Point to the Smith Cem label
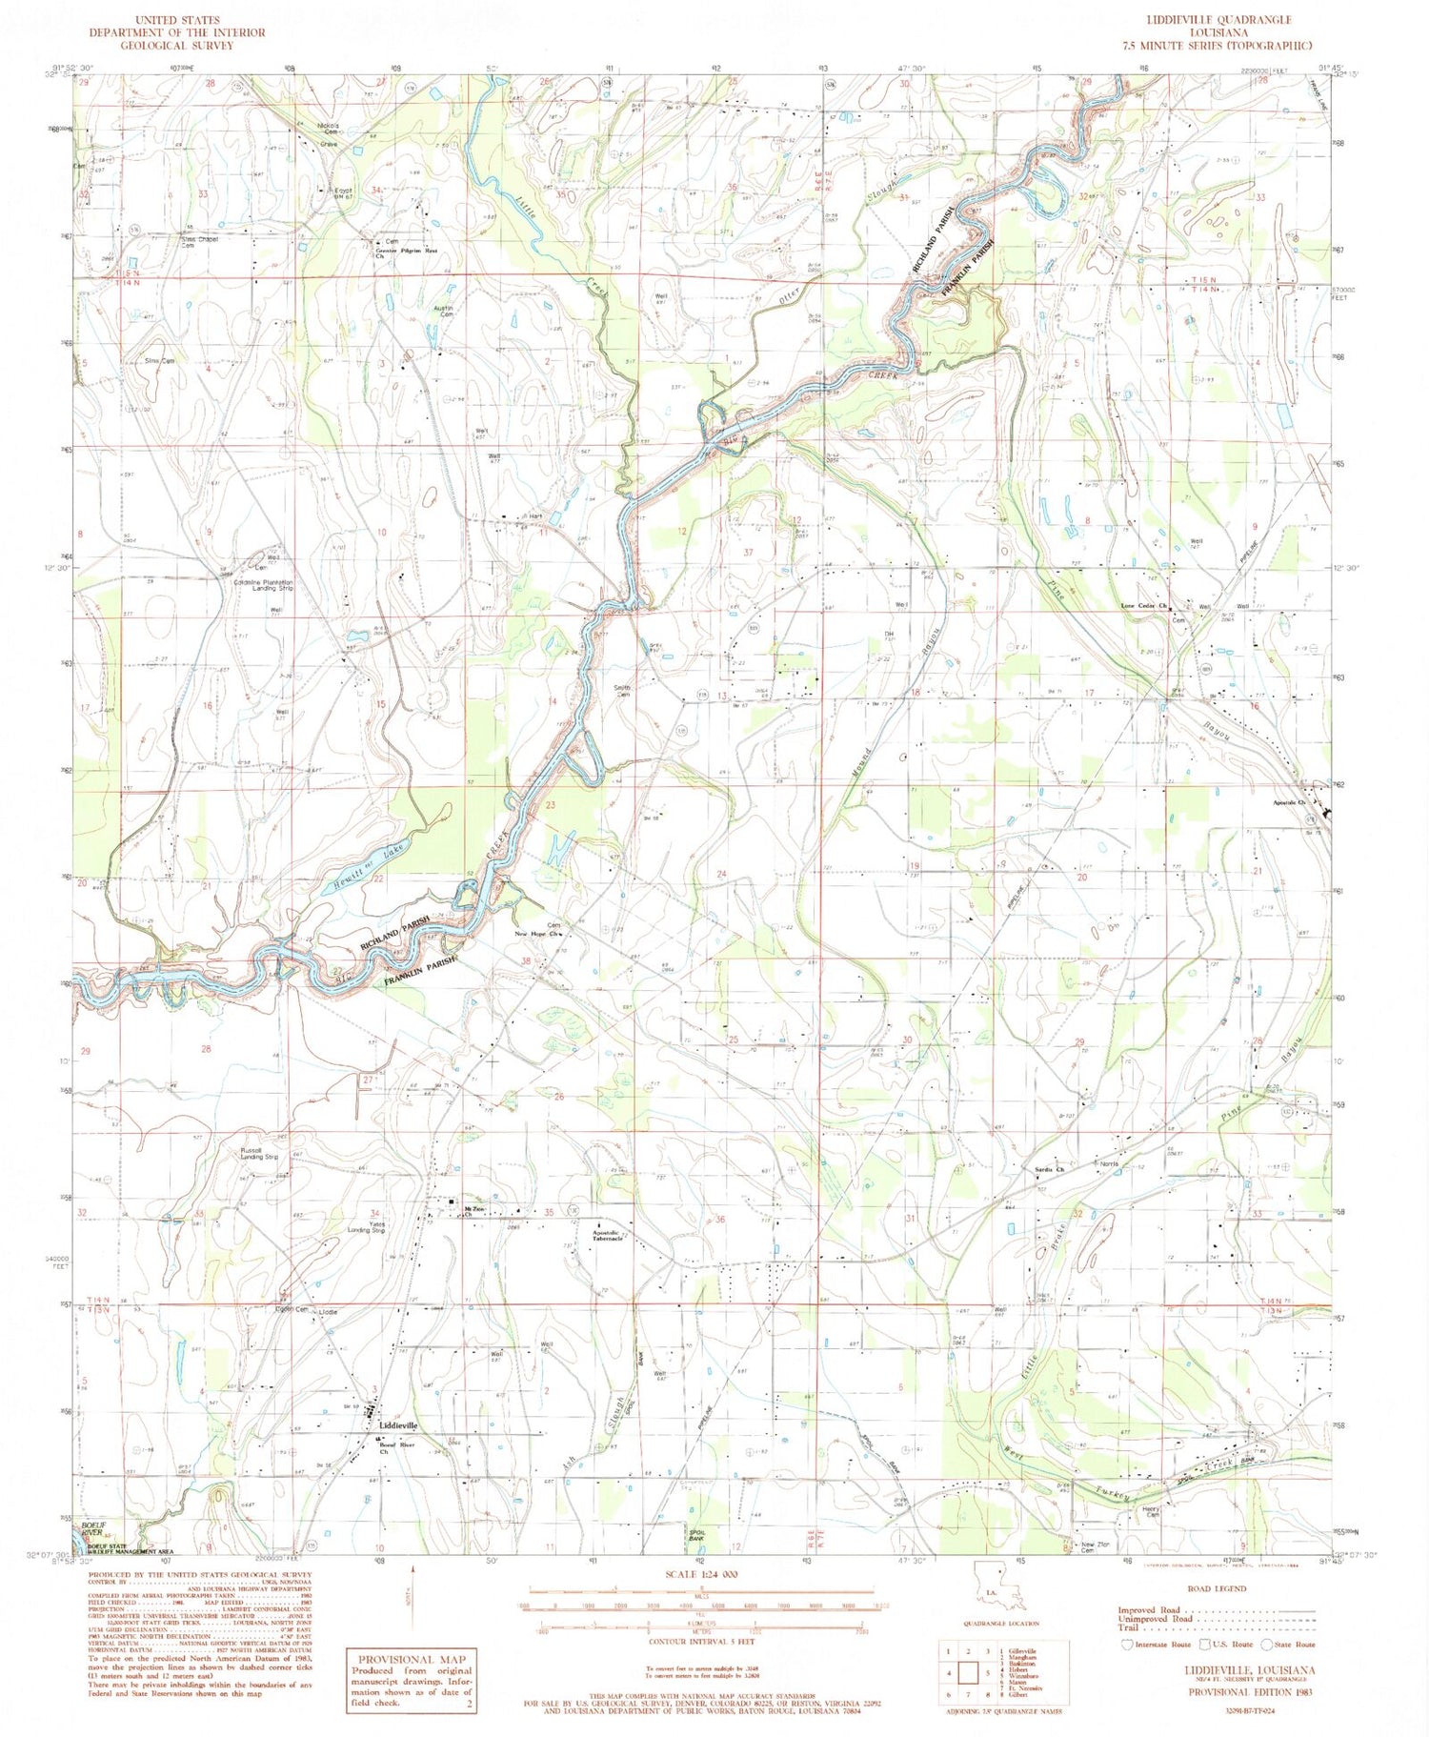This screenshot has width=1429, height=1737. coord(622,690)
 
